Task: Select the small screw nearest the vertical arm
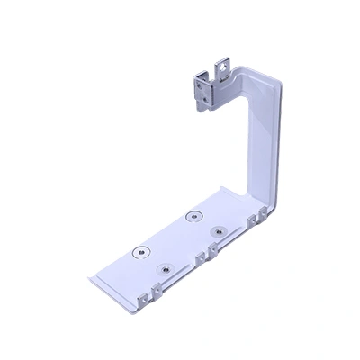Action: tap(217, 232)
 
